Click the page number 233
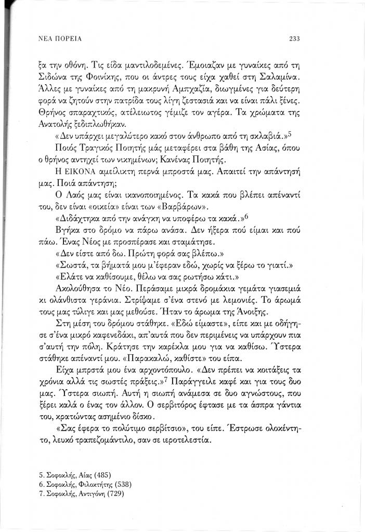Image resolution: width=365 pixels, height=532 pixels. [x=296, y=38]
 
